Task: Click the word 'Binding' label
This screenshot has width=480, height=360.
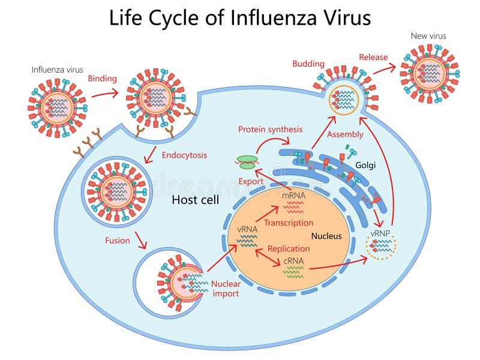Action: coord(102,78)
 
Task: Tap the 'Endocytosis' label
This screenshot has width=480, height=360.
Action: coord(184,155)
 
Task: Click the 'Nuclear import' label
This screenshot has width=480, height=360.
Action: coord(225,289)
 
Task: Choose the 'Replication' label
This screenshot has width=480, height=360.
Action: coord(289,248)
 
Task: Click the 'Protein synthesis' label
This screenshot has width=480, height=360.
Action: coord(270,129)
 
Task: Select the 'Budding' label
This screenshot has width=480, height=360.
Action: coord(308,64)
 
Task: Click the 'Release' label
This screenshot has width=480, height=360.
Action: coord(373,57)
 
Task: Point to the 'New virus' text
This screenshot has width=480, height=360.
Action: coord(428,36)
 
